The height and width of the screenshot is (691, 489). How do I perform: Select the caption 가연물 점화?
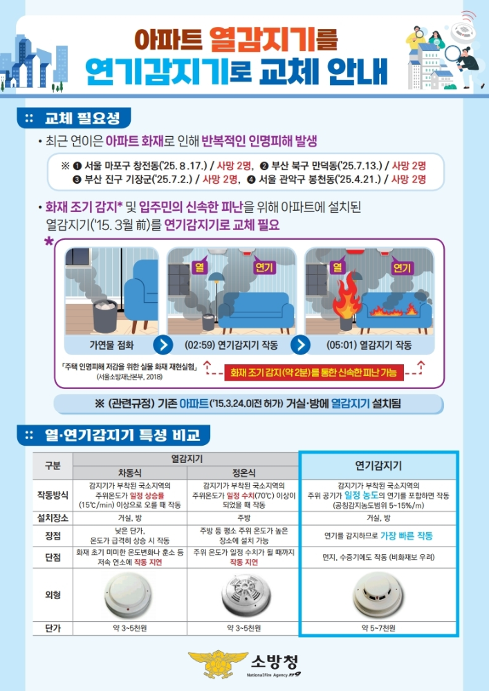[107, 344]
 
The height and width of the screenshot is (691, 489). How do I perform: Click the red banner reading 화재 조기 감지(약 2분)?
[314, 373]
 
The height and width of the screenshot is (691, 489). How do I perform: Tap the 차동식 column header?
[129, 473]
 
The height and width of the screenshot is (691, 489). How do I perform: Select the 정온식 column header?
[242, 473]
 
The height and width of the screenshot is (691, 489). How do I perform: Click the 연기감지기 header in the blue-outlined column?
[378, 466]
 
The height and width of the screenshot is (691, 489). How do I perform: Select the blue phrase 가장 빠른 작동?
[407, 536]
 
